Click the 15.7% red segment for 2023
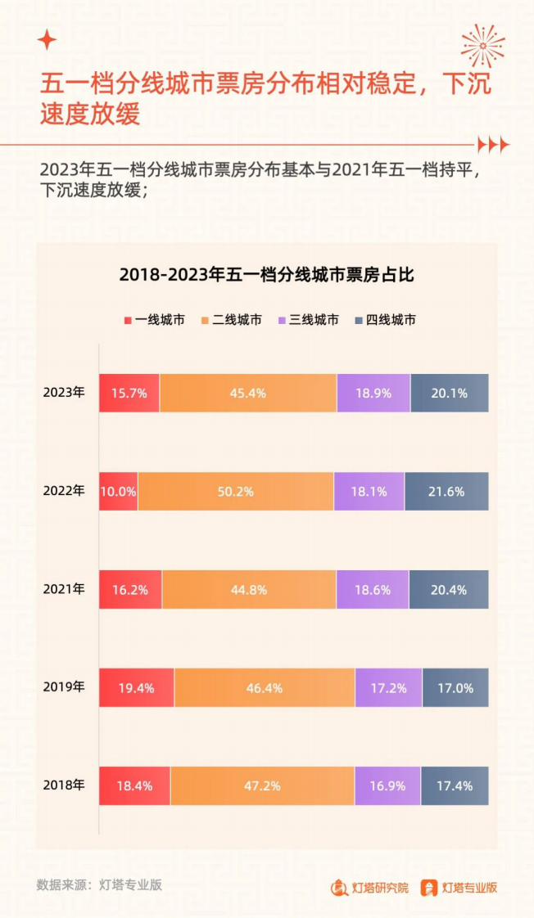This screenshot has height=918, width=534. [x=129, y=393]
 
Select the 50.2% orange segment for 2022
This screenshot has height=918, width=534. [x=236, y=492]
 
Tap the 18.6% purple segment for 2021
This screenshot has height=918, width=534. [x=372, y=590]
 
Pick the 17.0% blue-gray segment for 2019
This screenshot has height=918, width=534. [x=455, y=688]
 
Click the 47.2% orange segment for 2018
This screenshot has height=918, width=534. [x=262, y=786]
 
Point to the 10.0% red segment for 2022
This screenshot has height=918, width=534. [x=119, y=492]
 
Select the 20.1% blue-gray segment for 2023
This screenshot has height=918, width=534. [x=449, y=393]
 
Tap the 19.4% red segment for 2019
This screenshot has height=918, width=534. [x=137, y=688]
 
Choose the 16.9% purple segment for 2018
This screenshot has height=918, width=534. [x=387, y=786]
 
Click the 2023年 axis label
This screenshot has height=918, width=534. [x=64, y=393]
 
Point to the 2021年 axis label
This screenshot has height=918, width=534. [x=64, y=589]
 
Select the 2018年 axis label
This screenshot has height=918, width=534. [x=64, y=785]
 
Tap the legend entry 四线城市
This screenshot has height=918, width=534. [x=385, y=320]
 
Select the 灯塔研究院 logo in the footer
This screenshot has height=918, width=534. [x=369, y=888]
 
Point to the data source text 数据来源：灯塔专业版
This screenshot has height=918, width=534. [x=99, y=884]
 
